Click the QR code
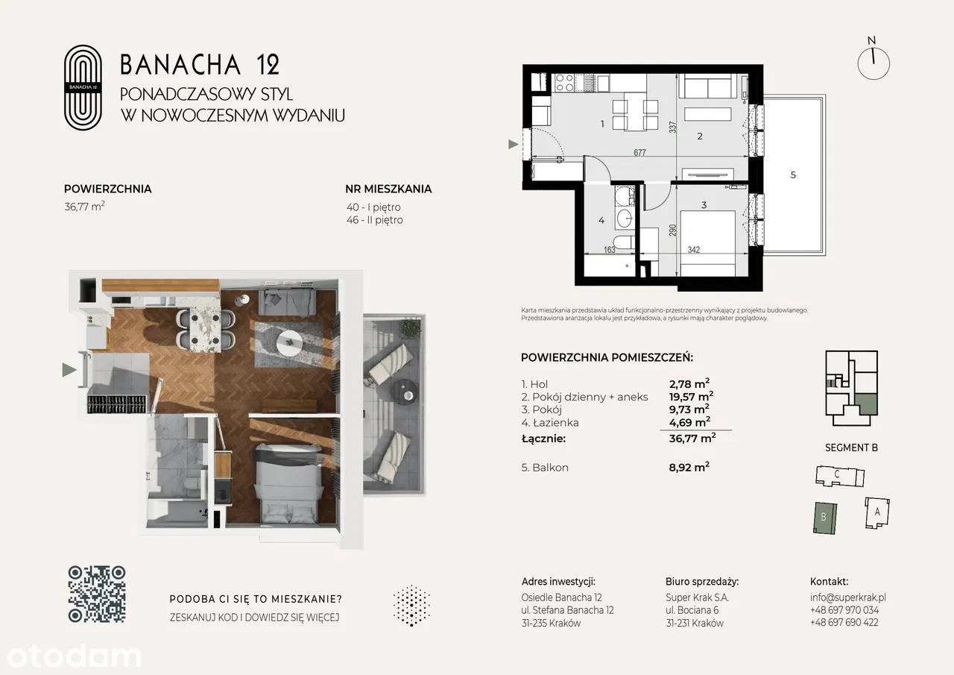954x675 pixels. pyautogui.click(x=97, y=594)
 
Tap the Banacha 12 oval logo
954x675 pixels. pyautogui.click(x=83, y=87)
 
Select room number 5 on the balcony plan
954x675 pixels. pyautogui.click(x=793, y=175)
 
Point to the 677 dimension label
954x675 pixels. pyautogui.click(x=639, y=153)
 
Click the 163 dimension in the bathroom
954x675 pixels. pyautogui.click(x=610, y=250)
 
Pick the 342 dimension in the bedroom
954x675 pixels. pyautogui.click(x=694, y=250)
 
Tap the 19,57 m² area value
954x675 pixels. pyautogui.click(x=691, y=396)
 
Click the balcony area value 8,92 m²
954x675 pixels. pyautogui.click(x=689, y=467)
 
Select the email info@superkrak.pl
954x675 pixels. pyautogui.click(x=848, y=597)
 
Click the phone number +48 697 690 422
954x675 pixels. pyautogui.click(x=844, y=623)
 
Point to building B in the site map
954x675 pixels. pyautogui.click(x=825, y=518)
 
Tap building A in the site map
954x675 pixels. pyautogui.click(x=877, y=513)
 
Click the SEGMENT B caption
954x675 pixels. pyautogui.click(x=851, y=448)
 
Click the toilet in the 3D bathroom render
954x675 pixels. pyautogui.click(x=192, y=483)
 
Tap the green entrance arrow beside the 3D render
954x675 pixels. pyautogui.click(x=69, y=369)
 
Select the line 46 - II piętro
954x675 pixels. pyautogui.click(x=375, y=220)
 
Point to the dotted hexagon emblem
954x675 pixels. pyautogui.click(x=412, y=606)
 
